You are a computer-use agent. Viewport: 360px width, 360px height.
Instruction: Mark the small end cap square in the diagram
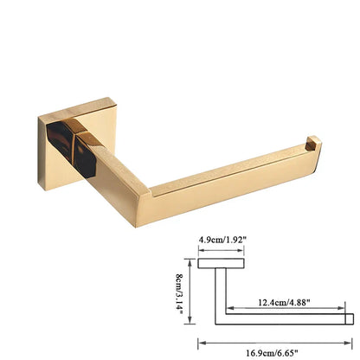pos(347,318)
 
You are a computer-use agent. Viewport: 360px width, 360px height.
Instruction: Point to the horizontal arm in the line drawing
pos(286,318)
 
